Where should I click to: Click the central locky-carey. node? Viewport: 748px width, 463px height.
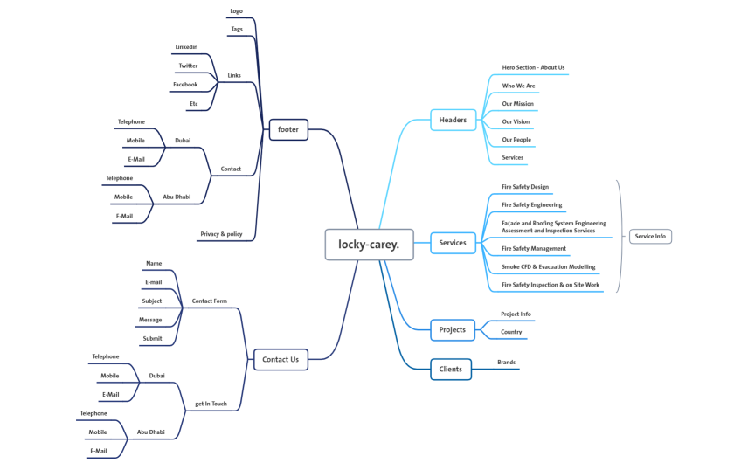pos(369,245)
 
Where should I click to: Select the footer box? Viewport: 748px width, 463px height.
pos(288,129)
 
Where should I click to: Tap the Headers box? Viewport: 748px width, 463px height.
pos(453,120)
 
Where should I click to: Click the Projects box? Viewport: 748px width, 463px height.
pos(453,329)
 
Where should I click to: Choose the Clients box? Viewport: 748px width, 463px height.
pos(451,370)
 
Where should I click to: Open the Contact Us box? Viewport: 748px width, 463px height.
pos(280,359)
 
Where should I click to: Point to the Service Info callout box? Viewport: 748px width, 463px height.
pos(650,236)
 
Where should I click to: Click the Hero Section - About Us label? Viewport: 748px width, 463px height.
pos(533,67)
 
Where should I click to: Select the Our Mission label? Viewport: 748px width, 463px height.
pos(517,104)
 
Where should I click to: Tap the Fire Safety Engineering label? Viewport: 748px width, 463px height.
pos(531,204)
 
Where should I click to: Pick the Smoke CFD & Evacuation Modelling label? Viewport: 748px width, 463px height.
pos(548,266)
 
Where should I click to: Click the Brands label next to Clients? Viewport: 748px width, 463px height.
pos(506,362)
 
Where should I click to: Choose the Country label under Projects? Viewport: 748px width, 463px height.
pos(511,332)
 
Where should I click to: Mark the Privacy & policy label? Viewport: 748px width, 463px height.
pos(221,234)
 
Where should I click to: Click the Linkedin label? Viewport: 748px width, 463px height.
pos(186,47)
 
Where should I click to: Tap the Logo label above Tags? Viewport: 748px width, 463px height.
pos(236,11)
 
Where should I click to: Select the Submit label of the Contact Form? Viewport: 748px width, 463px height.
pos(152,338)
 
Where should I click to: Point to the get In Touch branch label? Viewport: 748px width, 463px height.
pos(211,404)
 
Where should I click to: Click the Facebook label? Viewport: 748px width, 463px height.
pos(185,85)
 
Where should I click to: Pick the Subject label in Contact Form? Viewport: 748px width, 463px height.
pos(152,301)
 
